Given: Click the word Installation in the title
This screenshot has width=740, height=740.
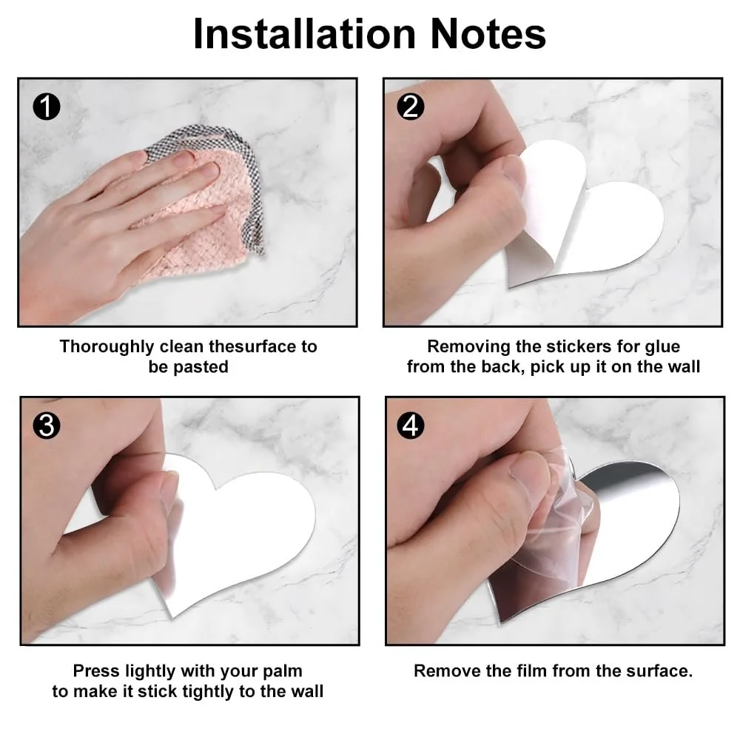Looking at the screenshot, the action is click(x=304, y=33).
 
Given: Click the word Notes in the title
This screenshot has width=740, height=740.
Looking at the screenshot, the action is click(x=488, y=33).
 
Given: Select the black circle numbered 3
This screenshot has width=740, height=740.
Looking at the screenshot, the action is click(x=46, y=425).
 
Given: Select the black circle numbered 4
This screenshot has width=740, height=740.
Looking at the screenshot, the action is click(x=410, y=425).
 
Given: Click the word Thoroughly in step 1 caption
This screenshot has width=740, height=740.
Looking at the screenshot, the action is click(x=107, y=347).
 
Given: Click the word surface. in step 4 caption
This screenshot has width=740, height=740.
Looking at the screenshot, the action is click(x=659, y=670).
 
